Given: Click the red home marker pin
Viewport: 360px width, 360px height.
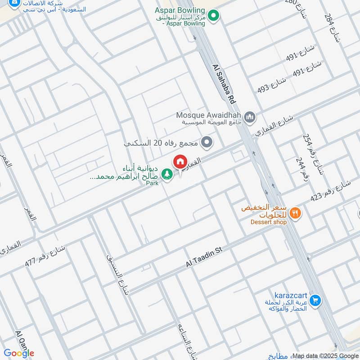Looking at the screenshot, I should coord(180,162).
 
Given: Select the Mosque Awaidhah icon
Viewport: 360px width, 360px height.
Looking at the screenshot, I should coord(251,117).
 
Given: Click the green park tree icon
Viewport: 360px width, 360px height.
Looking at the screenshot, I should coord(167,174).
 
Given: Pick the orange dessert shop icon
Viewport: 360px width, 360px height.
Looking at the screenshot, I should coord(295,212).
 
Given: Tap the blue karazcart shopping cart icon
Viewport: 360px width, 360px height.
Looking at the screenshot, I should coord(315,299).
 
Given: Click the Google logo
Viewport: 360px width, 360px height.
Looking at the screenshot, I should coord(19,353).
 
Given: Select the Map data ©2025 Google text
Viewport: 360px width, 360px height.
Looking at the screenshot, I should coord(324,355).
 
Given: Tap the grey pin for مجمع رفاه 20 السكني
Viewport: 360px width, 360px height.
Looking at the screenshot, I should coord(207,143).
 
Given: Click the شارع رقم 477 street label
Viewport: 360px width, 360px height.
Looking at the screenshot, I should coord(45,257).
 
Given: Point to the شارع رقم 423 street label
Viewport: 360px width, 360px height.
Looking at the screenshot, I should coord(330,191).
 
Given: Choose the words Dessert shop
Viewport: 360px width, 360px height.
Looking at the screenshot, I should coord(269,222).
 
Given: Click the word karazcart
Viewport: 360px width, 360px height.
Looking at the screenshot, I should coord(292,295).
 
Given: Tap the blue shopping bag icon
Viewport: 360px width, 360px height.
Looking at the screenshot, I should coord(15,5).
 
